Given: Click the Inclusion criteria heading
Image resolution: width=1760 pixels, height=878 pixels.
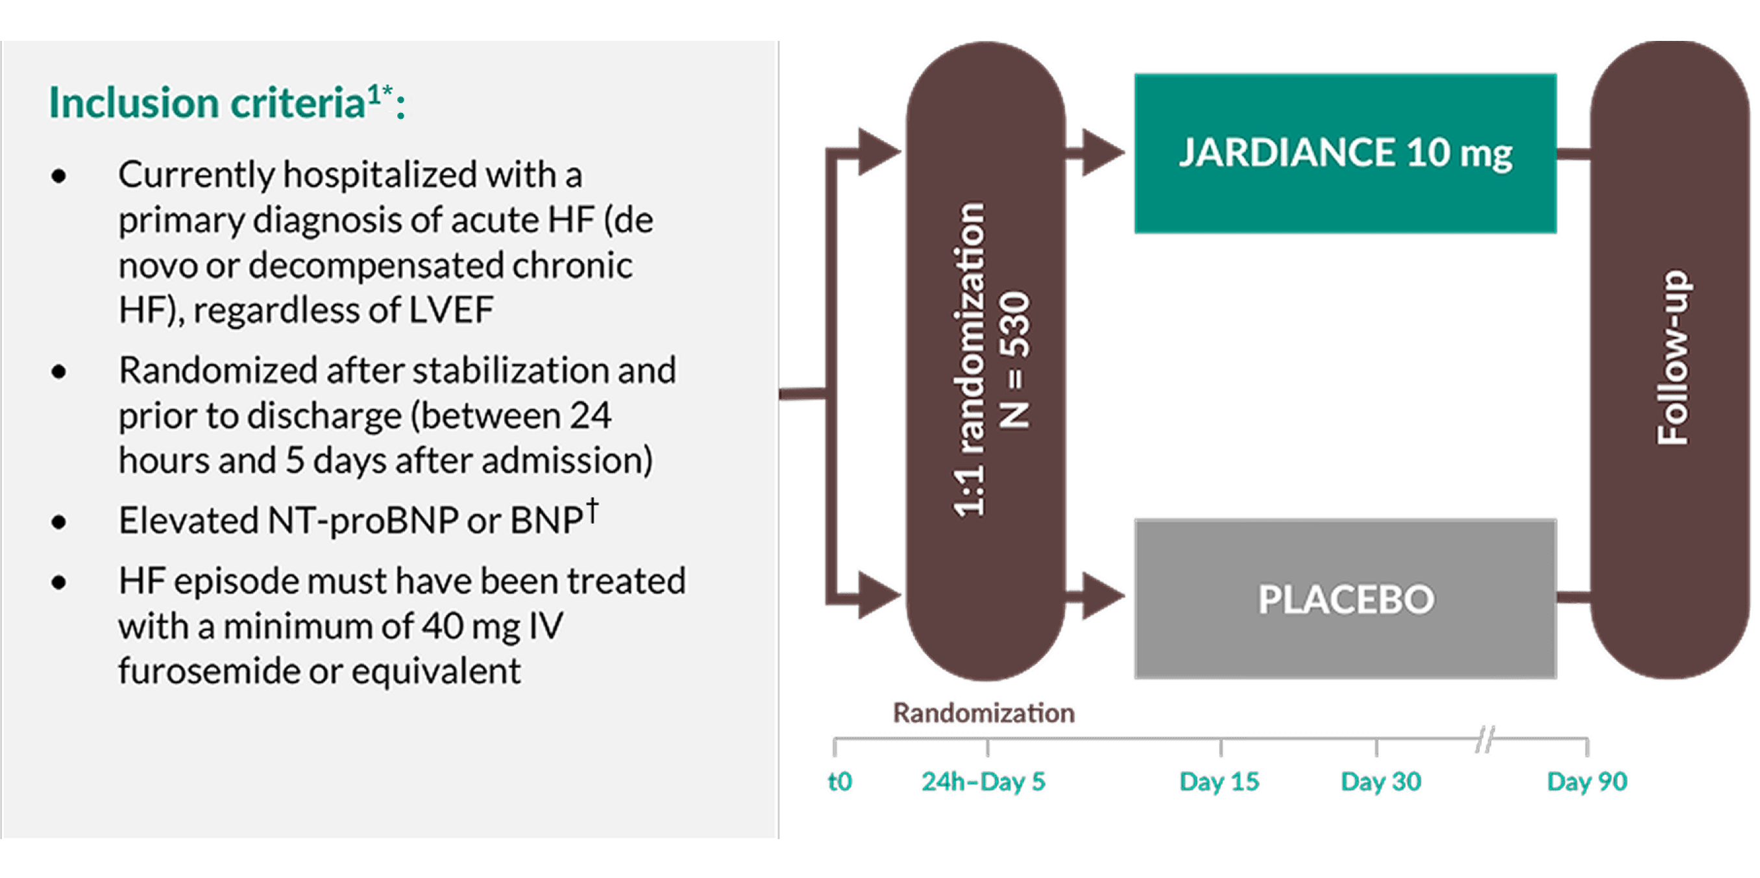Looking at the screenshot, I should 225,104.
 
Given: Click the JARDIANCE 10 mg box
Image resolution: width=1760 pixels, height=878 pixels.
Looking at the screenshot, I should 1345,153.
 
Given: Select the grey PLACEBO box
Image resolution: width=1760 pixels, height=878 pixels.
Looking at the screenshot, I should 1345,598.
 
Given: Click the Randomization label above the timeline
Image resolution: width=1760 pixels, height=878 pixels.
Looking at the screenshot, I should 983,714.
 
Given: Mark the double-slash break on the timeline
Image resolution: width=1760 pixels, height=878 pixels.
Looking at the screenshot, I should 1484,742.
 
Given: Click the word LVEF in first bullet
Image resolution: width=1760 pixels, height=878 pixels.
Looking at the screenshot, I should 451,310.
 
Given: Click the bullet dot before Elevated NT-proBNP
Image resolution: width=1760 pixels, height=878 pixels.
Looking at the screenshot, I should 60,522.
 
